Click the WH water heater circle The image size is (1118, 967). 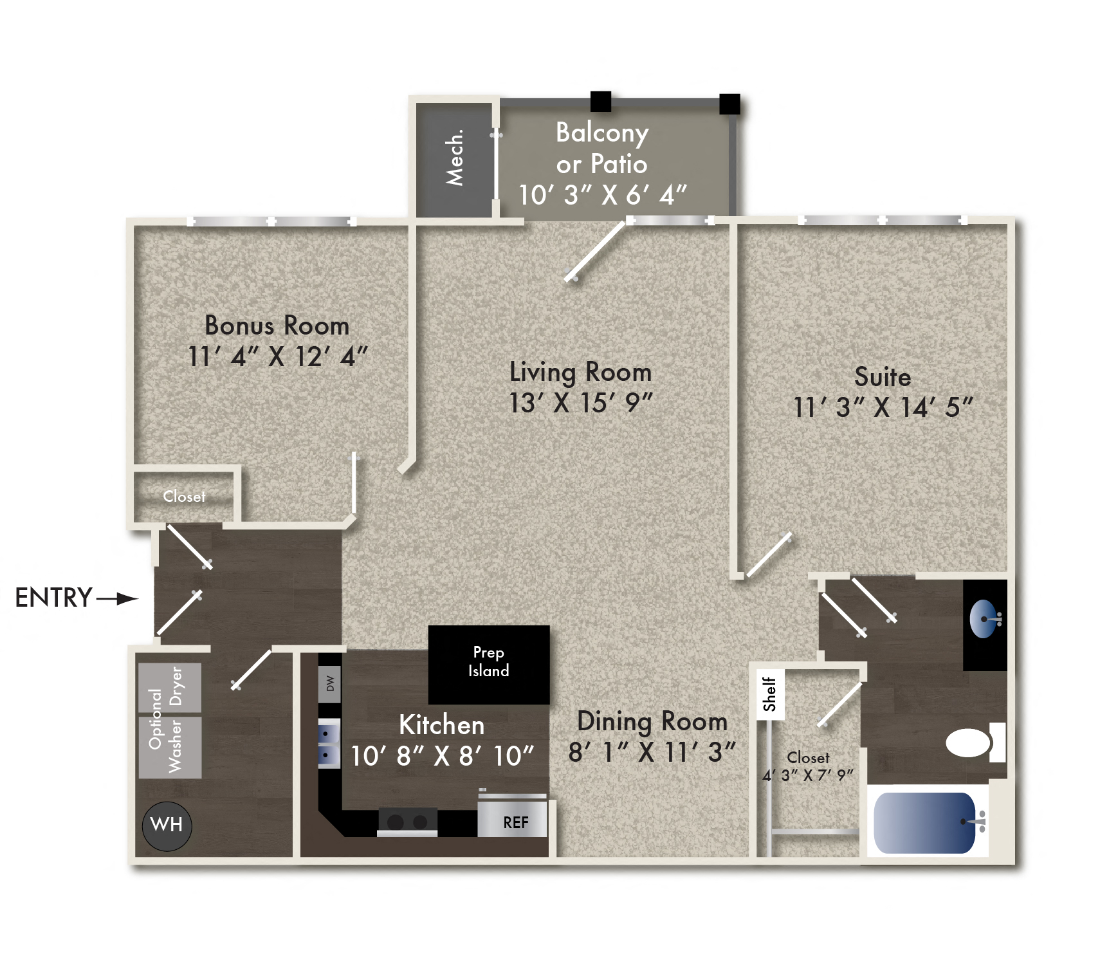click(167, 825)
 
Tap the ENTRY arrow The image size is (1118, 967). click(118, 599)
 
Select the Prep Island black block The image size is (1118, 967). click(489, 664)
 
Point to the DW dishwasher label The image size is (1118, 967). click(330, 683)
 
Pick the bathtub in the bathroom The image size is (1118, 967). click(924, 823)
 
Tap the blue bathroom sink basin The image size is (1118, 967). click(983, 619)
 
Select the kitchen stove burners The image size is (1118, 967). click(407, 822)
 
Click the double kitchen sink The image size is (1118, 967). click(329, 744)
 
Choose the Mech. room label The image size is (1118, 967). click(455, 158)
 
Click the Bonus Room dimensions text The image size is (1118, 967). click(277, 356)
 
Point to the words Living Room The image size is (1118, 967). click(580, 373)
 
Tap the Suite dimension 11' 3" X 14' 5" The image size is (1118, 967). click(883, 407)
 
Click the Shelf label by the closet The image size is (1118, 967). click(769, 694)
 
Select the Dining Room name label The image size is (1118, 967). click(652, 721)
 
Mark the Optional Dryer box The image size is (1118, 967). click(170, 687)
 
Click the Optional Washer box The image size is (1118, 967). click(170, 747)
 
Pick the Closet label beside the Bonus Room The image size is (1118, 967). click(185, 497)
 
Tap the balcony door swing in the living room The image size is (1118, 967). click(595, 251)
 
